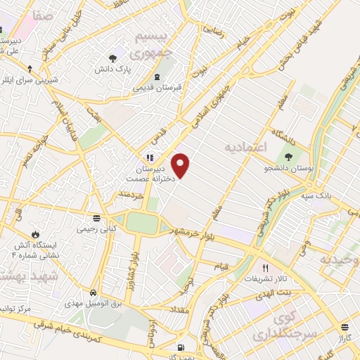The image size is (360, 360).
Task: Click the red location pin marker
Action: tap(181, 165)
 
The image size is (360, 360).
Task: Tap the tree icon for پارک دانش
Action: tap(112, 58)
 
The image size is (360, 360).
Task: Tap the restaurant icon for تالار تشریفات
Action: tap(265, 268)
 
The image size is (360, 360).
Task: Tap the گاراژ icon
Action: tap(345, 327)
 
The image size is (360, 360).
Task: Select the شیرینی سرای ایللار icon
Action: tap(30, 69)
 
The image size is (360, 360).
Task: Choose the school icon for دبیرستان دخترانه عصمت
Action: tap(149, 157)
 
